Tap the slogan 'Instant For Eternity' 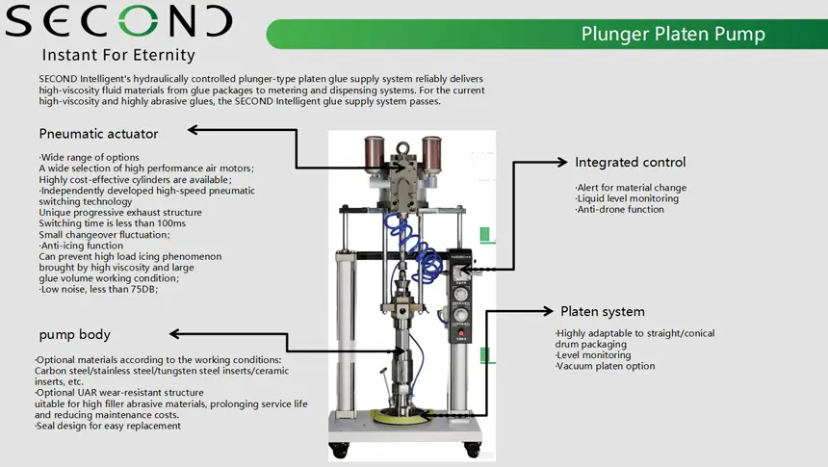click(x=118, y=55)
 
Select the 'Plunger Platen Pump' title click(x=673, y=35)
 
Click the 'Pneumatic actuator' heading click(x=98, y=133)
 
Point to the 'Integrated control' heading click(x=631, y=162)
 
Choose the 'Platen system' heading click(x=603, y=311)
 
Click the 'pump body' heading click(x=74, y=334)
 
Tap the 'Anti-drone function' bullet click(x=619, y=210)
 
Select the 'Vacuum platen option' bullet click(x=606, y=366)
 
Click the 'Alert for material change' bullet click(x=631, y=188)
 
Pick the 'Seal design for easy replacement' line click(x=108, y=426)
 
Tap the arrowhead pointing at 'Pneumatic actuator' click(x=193, y=129)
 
